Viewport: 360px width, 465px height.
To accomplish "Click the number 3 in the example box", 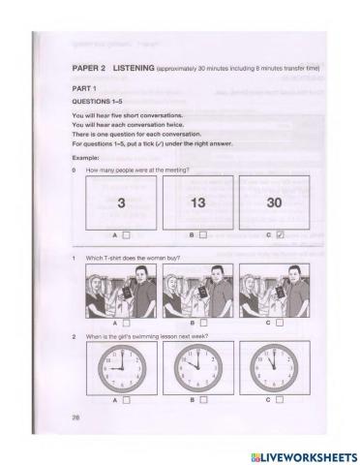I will pyautogui.click(x=121, y=204).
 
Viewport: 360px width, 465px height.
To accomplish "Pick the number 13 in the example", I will pyautogui.click(x=196, y=204).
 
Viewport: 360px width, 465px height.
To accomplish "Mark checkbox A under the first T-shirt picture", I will pyautogui.click(x=127, y=322).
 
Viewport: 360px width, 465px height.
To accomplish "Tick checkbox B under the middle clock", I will pyautogui.click(x=203, y=399).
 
